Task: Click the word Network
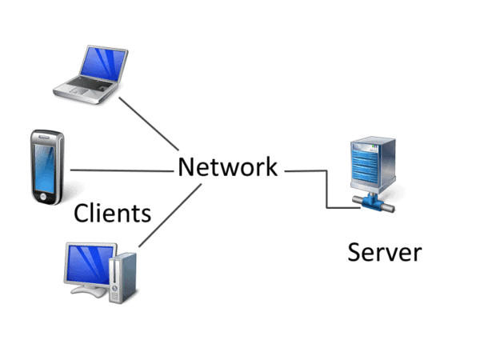coord(227,167)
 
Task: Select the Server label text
coord(384,252)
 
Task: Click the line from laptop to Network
coord(148,124)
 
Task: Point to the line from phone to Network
coord(120,170)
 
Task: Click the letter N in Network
coord(186,167)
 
